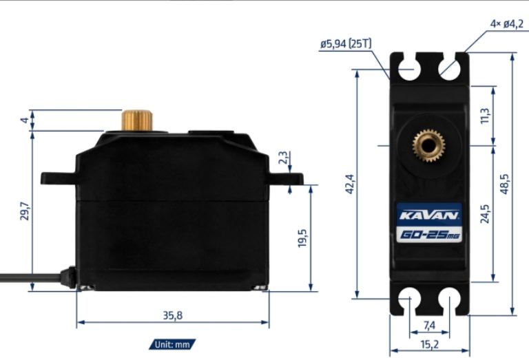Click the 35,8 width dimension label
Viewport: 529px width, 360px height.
pos(173,315)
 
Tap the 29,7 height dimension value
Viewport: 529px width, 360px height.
pos(25,211)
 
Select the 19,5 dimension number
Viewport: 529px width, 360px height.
pos(302,238)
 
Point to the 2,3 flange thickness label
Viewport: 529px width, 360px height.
pos(283,158)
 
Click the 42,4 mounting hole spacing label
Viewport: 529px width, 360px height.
pos(350,184)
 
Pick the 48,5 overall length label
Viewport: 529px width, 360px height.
pos(504,184)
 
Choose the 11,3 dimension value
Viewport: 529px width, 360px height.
pos(485,116)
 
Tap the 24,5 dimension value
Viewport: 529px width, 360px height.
pos(485,213)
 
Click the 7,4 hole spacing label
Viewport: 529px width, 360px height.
pos(429,326)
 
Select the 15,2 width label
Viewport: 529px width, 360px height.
pos(430,344)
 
